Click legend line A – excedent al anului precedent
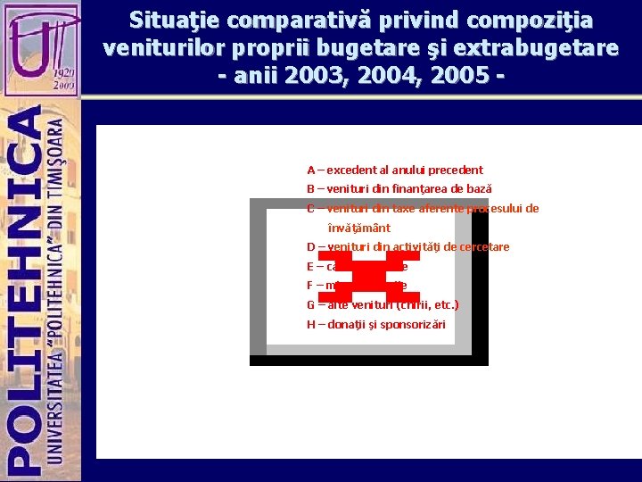coord(395,170)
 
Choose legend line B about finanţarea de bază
coord(399,189)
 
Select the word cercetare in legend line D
coord(481,247)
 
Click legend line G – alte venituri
coord(383,304)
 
